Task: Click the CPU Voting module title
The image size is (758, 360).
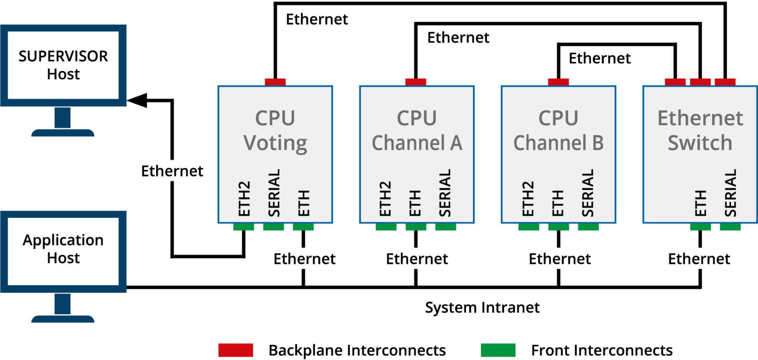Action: [275, 130]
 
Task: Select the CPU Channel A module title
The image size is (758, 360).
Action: [417, 130]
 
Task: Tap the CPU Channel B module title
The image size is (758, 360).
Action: [558, 130]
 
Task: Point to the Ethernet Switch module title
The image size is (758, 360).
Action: [700, 130]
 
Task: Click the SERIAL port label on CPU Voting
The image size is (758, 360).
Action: [274, 193]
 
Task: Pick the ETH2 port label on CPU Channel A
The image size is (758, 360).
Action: [385, 199]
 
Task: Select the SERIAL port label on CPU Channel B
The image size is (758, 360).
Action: [587, 193]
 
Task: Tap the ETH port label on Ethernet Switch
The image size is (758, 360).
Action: [700, 203]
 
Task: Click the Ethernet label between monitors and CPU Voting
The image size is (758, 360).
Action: [172, 171]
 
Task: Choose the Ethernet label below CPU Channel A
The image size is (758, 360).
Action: [417, 259]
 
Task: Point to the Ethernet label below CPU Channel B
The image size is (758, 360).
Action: [560, 259]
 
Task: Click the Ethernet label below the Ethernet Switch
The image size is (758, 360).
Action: [699, 259]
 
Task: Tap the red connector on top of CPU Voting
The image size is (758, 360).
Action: [275, 82]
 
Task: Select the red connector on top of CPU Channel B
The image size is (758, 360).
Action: [558, 82]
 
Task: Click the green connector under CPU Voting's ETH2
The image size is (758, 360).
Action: [243, 227]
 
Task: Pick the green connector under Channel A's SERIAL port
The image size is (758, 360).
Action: [446, 227]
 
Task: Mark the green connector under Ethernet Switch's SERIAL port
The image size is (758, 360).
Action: [730, 227]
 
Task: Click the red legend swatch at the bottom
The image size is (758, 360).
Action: [236, 350]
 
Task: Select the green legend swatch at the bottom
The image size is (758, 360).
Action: [498, 350]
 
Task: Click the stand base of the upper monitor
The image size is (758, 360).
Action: [63, 133]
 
